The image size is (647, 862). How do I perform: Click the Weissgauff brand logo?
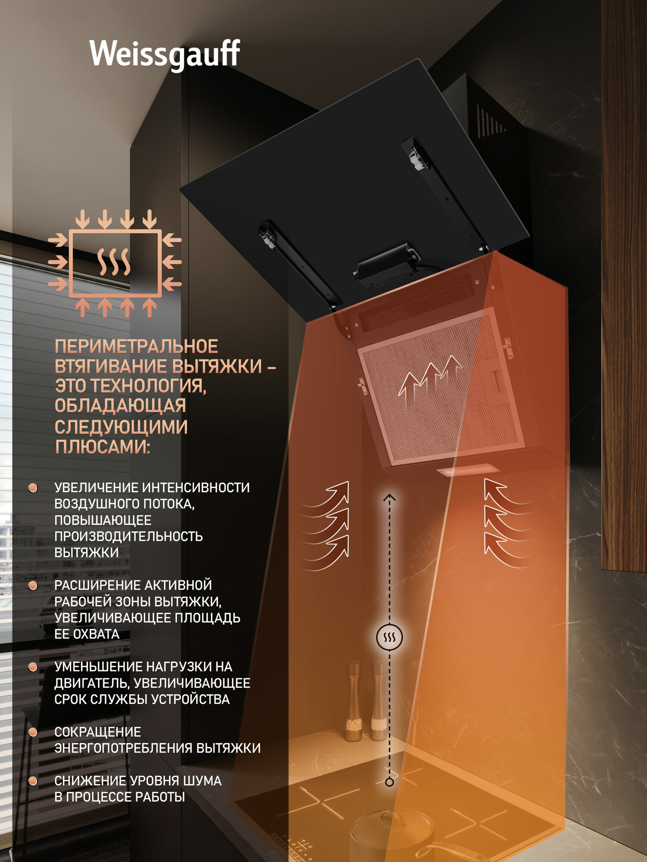(164, 54)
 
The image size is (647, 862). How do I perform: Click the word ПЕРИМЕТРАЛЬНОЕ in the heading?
(136, 347)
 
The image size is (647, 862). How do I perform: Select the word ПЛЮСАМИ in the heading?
(102, 447)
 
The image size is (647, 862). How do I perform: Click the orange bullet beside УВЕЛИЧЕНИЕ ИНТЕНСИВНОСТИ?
(33, 488)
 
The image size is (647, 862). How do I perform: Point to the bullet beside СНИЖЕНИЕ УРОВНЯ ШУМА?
(33, 781)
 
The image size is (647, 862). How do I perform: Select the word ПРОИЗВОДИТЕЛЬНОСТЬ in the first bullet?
(129, 537)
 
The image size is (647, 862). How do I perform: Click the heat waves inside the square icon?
(113, 262)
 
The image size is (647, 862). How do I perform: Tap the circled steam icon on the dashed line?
(389, 637)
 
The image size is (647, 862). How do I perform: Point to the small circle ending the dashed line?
(389, 782)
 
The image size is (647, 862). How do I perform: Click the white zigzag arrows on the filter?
(429, 375)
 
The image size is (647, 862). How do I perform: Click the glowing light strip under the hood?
(468, 470)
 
